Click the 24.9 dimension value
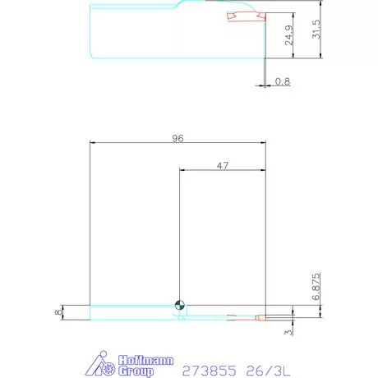tap(289, 39)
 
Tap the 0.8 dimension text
tap(283, 81)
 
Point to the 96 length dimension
tap(177, 139)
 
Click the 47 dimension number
tap(222, 166)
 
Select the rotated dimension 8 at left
tap(58, 312)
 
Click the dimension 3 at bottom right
tap(287, 332)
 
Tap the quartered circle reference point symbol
tap(180, 307)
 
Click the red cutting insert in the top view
tap(245, 17)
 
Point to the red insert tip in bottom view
tap(260, 316)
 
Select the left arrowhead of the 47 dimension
tap(182, 171)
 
